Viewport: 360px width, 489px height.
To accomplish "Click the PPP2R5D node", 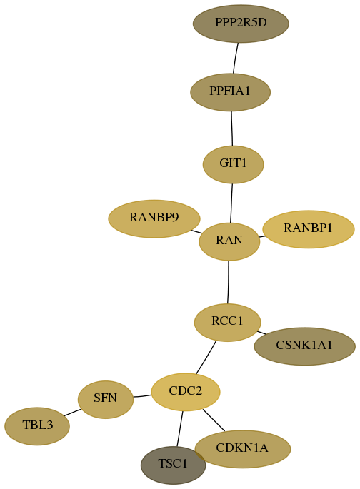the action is pos(241,24).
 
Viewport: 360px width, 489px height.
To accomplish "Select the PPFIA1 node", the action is pos(231,92).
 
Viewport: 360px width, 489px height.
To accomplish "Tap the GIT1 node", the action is pos(233,164).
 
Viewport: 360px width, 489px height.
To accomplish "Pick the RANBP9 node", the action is pos(154,218).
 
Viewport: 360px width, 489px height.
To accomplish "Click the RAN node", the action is pos(229,241).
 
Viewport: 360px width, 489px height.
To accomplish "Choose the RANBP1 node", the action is pos(309,229).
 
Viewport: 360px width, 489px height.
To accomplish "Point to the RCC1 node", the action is pos(227,322).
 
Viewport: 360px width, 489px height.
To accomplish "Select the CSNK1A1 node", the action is pos(305,346).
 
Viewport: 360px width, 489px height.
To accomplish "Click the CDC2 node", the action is pos(186,392).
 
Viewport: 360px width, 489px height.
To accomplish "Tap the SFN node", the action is pos(106,400).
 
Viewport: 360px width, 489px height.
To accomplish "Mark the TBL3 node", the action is pos(37,426).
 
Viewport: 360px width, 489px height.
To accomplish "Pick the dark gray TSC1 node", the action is pos(173,465).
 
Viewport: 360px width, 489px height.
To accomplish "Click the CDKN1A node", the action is pos(243,449).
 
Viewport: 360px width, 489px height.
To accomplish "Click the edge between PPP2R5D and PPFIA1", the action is pos(236,58).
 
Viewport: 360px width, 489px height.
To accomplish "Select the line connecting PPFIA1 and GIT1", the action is pos(231,128).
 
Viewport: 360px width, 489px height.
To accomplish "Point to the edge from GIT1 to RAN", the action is pos(231,203).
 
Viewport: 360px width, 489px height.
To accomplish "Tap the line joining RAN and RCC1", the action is pos(229,282).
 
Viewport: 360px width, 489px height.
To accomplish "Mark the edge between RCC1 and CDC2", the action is pos(206,357).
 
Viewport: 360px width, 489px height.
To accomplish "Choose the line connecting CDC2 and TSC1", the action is pos(180,429).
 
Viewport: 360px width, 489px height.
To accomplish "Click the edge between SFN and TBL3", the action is pos(72,413).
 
